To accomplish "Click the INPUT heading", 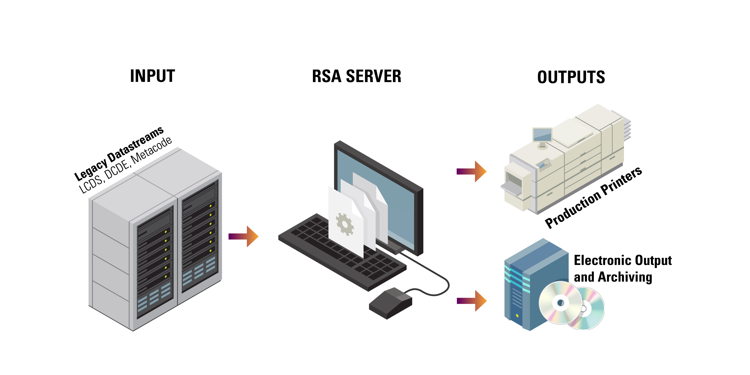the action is point(152,76).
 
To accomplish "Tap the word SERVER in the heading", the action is point(374,76).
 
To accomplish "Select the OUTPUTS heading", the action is point(571,77).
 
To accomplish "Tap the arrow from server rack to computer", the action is point(243,236).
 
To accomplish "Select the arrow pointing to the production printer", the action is point(471,171).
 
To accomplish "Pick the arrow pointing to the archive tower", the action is point(472,301).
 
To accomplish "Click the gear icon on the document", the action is point(345,224).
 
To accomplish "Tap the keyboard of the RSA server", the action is point(342,252).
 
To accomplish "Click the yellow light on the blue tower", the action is point(517,316).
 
